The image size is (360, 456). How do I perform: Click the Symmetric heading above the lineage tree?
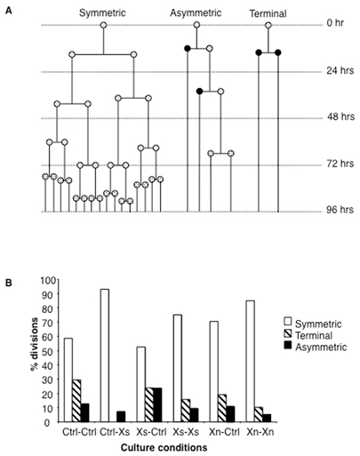(x=102, y=13)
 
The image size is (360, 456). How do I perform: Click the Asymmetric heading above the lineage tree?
(x=196, y=13)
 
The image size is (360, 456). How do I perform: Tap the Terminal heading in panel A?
(x=268, y=13)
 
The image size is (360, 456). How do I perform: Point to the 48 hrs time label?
(x=340, y=116)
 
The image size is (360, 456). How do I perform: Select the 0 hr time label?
(x=335, y=22)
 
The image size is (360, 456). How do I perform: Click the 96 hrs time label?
(x=340, y=210)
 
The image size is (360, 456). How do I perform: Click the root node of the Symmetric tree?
(x=103, y=26)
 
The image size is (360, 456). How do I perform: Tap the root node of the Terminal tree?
(x=268, y=26)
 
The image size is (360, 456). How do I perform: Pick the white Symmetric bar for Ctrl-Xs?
(x=105, y=356)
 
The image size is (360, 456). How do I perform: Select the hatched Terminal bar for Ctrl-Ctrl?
(x=76, y=401)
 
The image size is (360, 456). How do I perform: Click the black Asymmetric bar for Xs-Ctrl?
(x=157, y=404)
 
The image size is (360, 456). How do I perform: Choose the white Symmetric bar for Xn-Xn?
(x=251, y=361)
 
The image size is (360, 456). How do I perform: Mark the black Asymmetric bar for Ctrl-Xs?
(x=121, y=417)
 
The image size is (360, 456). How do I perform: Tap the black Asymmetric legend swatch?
(x=288, y=345)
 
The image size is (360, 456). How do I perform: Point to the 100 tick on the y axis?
(x=51, y=280)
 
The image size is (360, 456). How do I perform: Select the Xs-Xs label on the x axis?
(x=186, y=432)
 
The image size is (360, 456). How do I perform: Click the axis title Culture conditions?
(x=164, y=447)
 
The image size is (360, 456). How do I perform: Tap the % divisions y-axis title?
(x=35, y=344)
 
